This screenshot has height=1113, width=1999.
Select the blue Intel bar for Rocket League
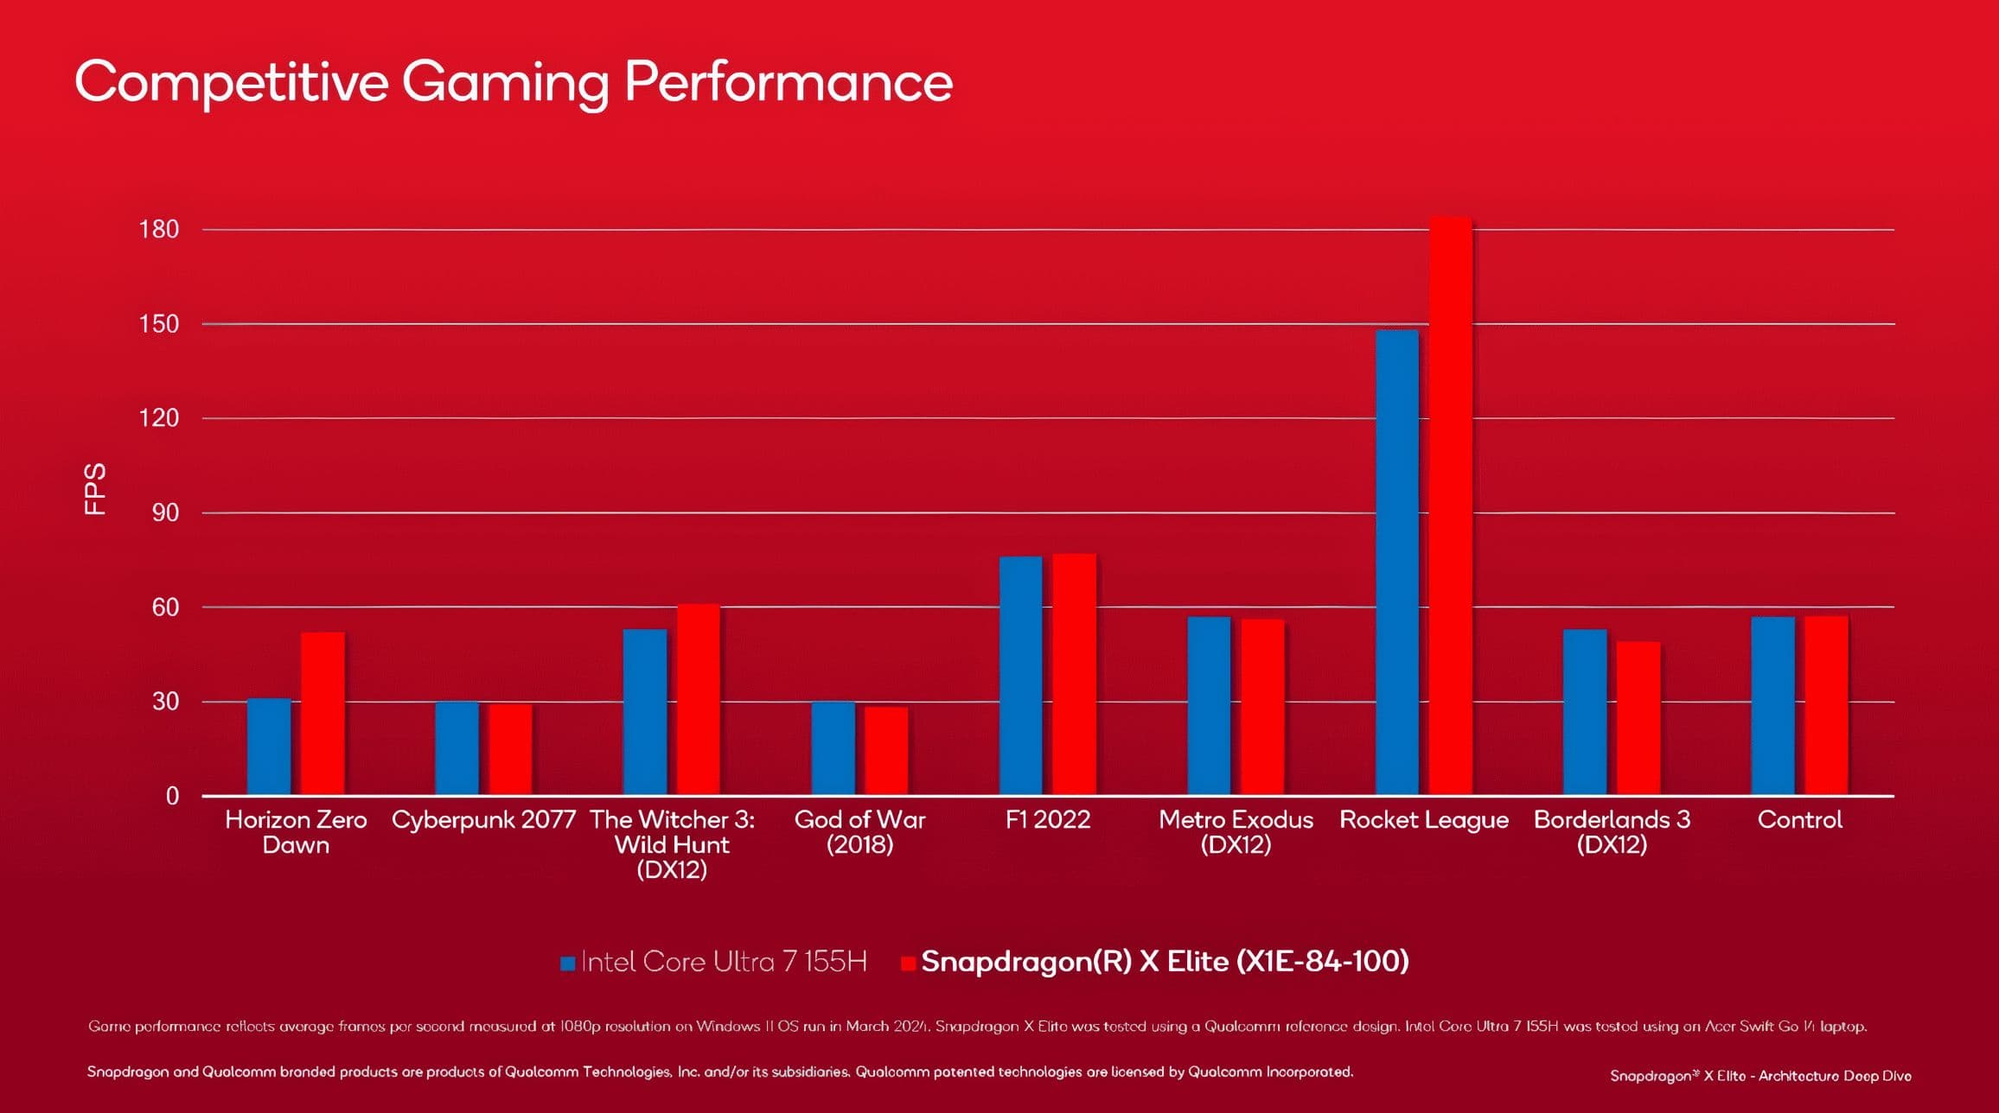[1397, 562]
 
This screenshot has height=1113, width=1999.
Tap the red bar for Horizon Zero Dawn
[323, 713]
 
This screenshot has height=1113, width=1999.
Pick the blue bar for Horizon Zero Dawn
[269, 747]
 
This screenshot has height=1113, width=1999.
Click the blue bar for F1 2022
[1021, 675]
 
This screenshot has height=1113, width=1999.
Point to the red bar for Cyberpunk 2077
[510, 749]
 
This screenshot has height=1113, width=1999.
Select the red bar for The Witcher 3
[699, 699]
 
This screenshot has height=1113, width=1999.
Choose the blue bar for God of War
[833, 748]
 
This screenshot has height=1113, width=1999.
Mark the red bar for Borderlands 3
[1638, 717]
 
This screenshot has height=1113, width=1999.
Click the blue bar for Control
[1773, 705]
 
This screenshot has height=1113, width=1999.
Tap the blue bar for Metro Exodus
[1209, 705]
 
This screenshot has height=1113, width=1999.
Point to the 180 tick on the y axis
[159, 230]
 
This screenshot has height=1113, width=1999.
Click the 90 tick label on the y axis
[165, 513]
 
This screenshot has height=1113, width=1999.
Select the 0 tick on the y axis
[172, 796]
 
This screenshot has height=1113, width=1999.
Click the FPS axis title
[95, 489]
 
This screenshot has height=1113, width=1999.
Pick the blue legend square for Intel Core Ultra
[568, 964]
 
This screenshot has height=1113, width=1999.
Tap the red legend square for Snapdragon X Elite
[908, 964]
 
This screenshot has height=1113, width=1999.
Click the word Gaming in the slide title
[505, 83]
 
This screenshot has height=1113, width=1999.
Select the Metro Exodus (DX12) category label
[1236, 831]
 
